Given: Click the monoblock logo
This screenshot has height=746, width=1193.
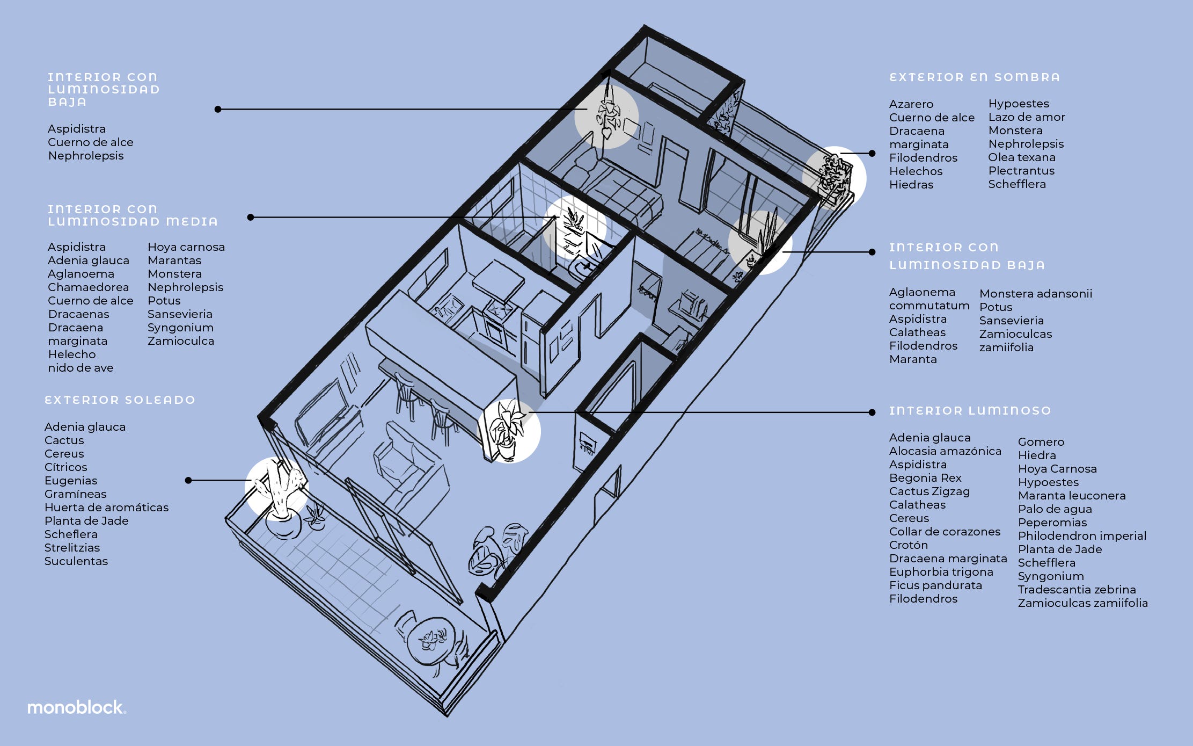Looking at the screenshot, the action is (x=76, y=707).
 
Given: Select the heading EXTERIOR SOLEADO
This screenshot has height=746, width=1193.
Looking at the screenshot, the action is (x=120, y=400).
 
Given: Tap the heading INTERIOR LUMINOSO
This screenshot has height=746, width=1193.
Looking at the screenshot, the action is (x=970, y=411).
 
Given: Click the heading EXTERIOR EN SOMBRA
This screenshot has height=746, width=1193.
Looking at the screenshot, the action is (x=975, y=77).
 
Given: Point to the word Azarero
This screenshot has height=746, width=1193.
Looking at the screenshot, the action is (x=911, y=104).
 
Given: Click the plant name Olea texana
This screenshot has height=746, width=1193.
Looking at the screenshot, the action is (x=1021, y=157).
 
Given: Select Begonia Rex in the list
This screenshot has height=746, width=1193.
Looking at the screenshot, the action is (x=925, y=478).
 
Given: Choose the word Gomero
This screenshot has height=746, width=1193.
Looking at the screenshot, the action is (x=1041, y=442).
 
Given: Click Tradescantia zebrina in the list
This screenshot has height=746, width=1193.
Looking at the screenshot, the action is (x=1077, y=590).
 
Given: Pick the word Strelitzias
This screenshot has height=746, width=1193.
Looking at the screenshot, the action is (x=72, y=548).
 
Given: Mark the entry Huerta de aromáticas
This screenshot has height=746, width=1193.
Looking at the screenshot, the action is (x=106, y=508).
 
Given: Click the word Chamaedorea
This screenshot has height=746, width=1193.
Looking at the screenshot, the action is (x=88, y=287).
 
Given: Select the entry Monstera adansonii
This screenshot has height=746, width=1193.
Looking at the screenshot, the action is (x=1035, y=294).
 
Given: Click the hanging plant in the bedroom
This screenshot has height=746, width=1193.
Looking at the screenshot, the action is (x=608, y=115).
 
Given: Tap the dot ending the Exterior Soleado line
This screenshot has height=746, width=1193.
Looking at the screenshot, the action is (x=188, y=480).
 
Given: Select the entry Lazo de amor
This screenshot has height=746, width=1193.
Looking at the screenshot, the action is (x=1026, y=117).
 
